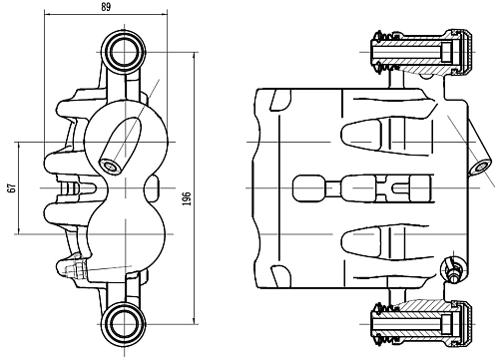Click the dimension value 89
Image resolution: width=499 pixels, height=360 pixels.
[x=107, y=8]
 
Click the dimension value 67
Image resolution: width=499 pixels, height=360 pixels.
[x=11, y=187]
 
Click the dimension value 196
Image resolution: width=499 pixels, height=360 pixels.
[x=187, y=200]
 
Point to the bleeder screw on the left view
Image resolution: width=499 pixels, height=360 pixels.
[x=71, y=267]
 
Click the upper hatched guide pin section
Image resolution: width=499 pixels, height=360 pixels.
[x=419, y=52]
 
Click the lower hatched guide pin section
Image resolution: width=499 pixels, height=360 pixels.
[x=419, y=321]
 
